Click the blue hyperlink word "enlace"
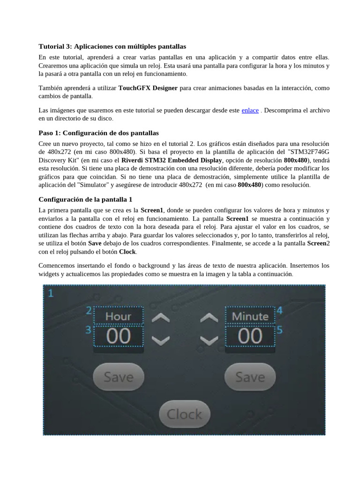point(250,111)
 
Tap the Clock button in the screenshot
point(184,414)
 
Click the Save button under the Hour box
point(118,377)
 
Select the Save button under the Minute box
point(250,377)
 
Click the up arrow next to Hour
point(161,318)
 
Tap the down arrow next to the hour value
point(161,339)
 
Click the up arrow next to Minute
point(209,318)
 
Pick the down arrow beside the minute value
point(209,339)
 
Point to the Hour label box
point(118,316)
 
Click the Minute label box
point(250,316)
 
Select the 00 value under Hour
point(118,336)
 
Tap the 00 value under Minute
point(250,336)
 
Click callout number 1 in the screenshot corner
point(51,293)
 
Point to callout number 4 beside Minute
point(279,310)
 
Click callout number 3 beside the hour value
point(88,330)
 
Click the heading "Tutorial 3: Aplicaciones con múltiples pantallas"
point(112,46)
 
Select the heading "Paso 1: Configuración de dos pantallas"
point(98,133)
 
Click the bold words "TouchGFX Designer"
point(148,88)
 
